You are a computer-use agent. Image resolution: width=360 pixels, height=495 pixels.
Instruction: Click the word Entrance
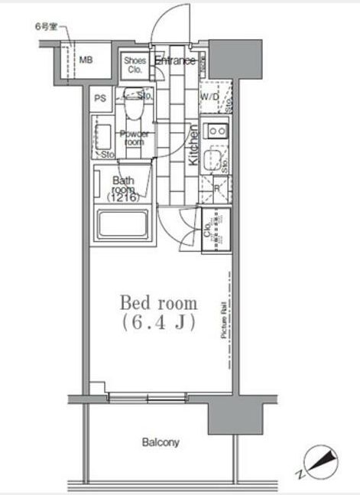[x=175, y=60]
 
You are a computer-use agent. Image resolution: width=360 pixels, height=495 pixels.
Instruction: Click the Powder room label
[x=135, y=138]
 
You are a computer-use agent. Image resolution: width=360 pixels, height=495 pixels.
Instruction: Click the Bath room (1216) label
[x=125, y=189]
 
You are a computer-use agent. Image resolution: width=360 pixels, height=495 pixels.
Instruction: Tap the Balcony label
[x=161, y=442]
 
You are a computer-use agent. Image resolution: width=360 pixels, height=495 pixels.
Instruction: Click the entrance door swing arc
[x=166, y=23]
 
